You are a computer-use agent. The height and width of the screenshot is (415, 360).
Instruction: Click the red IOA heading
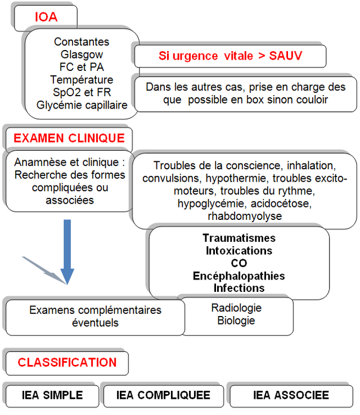click(x=46, y=17)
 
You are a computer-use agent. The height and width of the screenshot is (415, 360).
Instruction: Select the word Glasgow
click(x=82, y=55)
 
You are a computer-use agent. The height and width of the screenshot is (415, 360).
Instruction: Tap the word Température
click(x=82, y=80)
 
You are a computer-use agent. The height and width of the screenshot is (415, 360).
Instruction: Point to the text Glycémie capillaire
click(x=82, y=105)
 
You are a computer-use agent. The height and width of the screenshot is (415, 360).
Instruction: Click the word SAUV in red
click(x=286, y=56)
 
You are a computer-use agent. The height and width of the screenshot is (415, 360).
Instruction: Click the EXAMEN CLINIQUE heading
click(x=69, y=138)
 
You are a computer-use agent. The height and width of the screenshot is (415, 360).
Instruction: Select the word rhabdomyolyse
click(x=245, y=216)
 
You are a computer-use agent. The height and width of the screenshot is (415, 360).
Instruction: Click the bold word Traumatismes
click(x=239, y=238)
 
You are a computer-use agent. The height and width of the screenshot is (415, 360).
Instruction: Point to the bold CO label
click(x=239, y=263)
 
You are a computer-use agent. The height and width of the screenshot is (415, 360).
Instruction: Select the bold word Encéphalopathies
click(x=239, y=276)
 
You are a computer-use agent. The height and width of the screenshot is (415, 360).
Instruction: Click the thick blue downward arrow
click(x=67, y=251)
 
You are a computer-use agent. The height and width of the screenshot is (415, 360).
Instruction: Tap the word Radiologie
click(x=236, y=308)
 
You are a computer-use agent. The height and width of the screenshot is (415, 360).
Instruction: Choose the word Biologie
click(x=236, y=321)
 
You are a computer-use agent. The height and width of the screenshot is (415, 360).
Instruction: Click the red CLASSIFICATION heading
click(x=67, y=363)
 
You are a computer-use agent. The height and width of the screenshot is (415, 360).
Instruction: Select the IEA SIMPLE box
click(x=52, y=396)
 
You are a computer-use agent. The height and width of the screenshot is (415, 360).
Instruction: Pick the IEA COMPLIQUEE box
click(x=164, y=396)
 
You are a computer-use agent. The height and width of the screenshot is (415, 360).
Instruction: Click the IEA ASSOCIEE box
click(x=291, y=396)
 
